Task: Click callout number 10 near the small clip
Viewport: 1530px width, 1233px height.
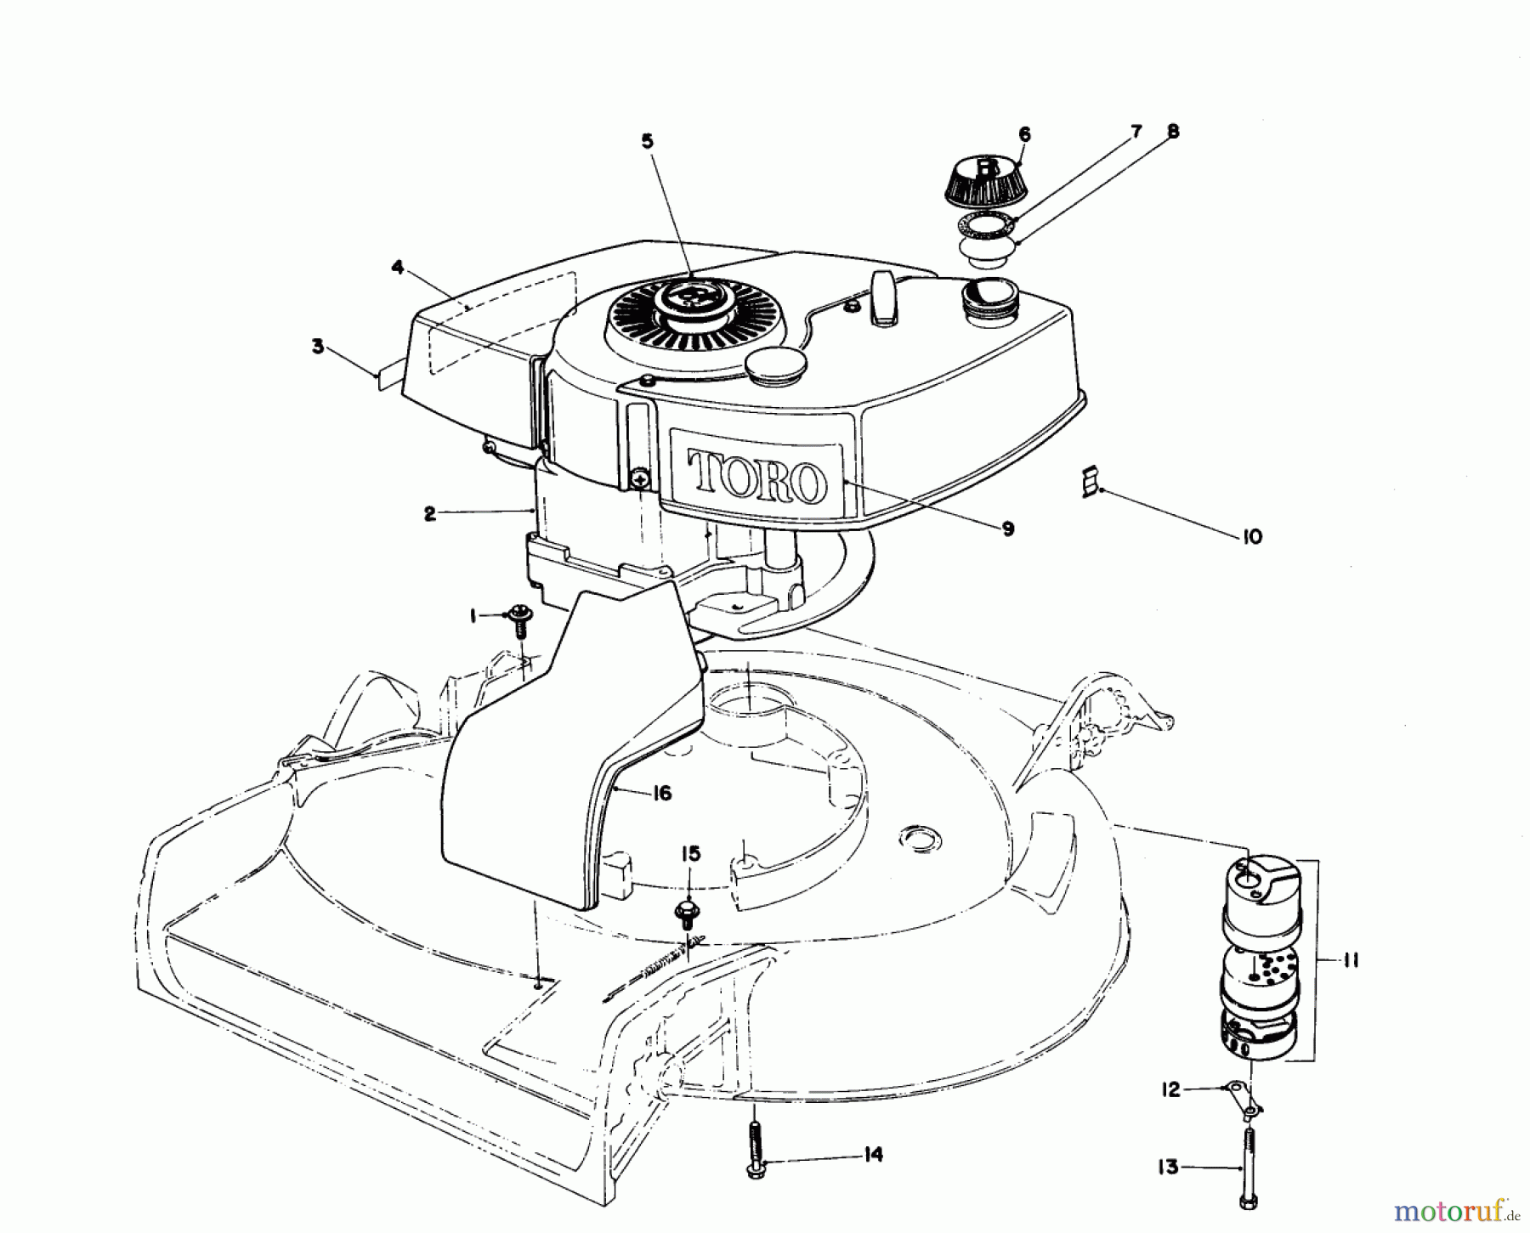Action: pyautogui.click(x=1252, y=537)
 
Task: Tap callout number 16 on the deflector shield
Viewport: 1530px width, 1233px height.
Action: pyautogui.click(x=662, y=793)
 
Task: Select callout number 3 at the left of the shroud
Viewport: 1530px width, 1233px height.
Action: pyautogui.click(x=317, y=347)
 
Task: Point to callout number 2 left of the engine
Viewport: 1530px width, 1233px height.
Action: pyautogui.click(x=430, y=513)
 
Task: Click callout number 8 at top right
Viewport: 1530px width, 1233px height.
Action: pyautogui.click(x=1173, y=132)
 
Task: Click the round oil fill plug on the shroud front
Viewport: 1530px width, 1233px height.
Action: pyautogui.click(x=773, y=364)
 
